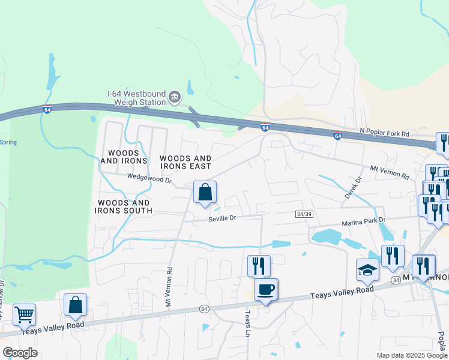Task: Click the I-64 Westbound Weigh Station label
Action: [136, 97]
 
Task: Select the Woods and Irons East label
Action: [185, 162]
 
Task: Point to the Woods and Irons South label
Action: [124, 207]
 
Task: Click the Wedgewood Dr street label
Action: [149, 178]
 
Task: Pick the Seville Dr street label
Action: [223, 218]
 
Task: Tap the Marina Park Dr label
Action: [363, 221]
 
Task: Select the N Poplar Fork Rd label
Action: [384, 133]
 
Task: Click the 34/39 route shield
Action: [304, 214]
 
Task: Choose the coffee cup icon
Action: [266, 290]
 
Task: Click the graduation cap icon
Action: [368, 270]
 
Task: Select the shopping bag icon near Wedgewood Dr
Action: [205, 193]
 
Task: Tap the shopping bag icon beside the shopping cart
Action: [75, 305]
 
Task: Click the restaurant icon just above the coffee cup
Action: [259, 265]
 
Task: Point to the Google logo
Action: [20, 353]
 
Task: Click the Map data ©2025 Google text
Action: [412, 355]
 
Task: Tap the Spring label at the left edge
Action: [8, 142]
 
